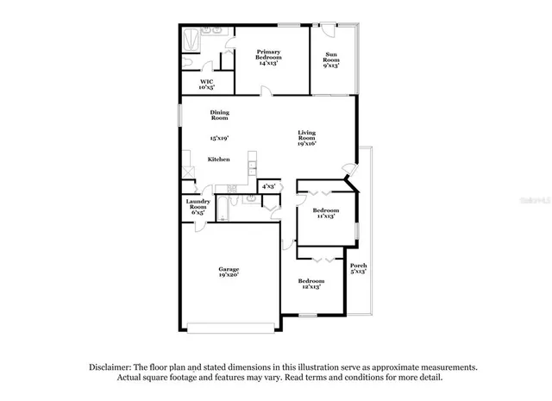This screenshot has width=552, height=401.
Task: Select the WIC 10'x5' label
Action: [x=206, y=84]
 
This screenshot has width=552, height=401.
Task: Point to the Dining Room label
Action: [x=219, y=115]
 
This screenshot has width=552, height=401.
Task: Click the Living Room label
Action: [x=307, y=135]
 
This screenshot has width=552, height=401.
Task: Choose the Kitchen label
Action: [x=218, y=160]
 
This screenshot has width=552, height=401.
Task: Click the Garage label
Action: [x=229, y=270]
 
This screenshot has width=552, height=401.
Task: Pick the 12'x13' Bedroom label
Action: [x=310, y=281]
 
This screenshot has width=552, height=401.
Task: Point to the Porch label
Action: [x=359, y=265]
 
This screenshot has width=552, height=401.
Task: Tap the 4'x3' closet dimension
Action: [x=268, y=185]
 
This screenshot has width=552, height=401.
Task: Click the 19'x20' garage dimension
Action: [x=229, y=276]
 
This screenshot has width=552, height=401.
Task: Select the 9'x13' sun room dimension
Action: [x=331, y=65]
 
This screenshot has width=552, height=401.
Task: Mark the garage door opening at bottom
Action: [x=234, y=326]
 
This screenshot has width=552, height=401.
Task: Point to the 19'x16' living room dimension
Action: [x=307, y=144]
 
